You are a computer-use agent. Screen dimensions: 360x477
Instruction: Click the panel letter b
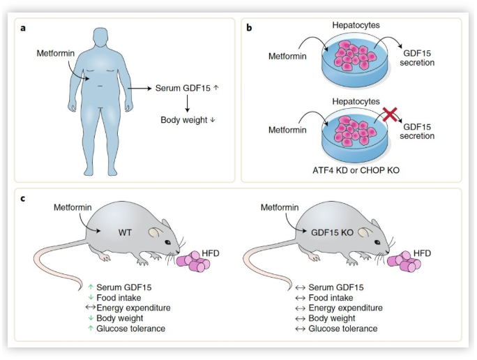(x=250, y=28)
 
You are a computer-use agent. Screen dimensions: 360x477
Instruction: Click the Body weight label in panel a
(x=185, y=120)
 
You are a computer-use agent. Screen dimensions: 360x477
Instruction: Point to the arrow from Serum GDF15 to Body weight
(x=188, y=104)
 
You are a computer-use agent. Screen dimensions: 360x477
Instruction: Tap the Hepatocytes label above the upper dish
(x=356, y=25)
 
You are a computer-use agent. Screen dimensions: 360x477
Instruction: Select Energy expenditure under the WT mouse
(x=132, y=308)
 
